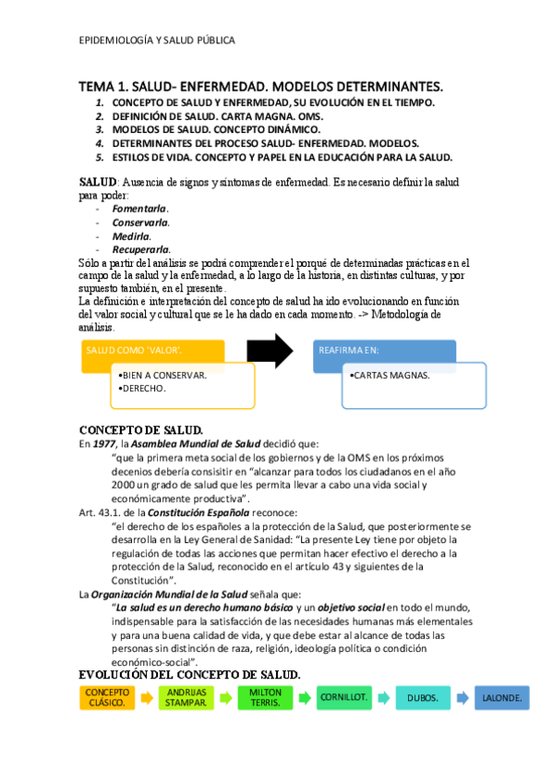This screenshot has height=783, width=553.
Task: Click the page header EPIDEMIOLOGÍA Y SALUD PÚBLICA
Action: click(x=157, y=41)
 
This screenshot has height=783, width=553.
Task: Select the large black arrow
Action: click(x=270, y=352)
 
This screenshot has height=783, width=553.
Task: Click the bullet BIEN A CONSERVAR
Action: click(x=164, y=376)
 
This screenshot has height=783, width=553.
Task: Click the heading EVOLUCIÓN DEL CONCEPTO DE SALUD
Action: click(x=190, y=675)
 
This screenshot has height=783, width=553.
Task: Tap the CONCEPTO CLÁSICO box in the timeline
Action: click(x=108, y=697)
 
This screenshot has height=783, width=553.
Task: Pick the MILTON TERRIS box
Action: click(x=266, y=697)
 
